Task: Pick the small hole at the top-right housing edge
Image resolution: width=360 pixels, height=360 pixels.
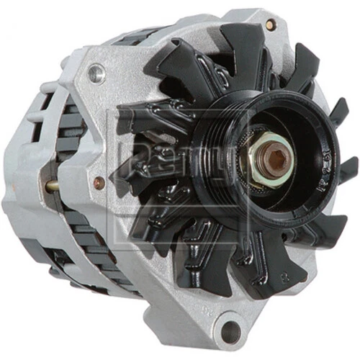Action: tap(269, 25)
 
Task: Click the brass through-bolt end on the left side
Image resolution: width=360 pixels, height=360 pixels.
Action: tap(52, 186)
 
